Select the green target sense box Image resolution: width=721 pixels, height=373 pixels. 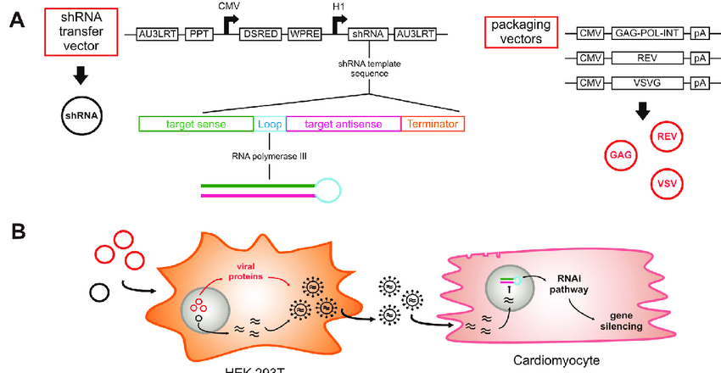[195, 124]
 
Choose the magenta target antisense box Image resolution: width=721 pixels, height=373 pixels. [343, 124]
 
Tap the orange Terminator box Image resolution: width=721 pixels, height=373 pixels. [433, 124]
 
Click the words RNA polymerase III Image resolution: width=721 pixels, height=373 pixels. [268, 156]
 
